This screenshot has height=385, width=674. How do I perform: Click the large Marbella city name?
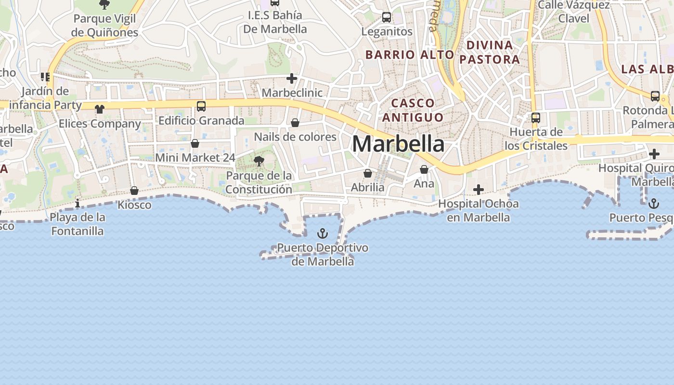[x=398, y=144]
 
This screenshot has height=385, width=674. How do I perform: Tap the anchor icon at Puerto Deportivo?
[x=323, y=234]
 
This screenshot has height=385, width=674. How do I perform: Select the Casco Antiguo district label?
[x=413, y=110]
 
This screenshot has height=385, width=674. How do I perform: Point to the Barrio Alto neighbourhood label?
[x=410, y=55]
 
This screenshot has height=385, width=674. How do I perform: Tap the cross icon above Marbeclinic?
[x=292, y=78]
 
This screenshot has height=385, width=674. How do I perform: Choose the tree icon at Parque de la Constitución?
[x=259, y=161]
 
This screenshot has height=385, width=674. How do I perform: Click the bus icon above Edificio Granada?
[x=201, y=106]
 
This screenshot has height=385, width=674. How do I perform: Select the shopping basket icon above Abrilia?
[x=368, y=173]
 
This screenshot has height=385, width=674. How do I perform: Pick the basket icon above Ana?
[x=424, y=169]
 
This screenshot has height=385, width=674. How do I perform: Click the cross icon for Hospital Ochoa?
[x=478, y=190]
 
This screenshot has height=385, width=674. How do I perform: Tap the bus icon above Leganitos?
[x=387, y=17]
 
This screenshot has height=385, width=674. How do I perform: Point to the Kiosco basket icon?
[x=134, y=191]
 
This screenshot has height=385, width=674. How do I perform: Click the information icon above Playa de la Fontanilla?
[x=78, y=204]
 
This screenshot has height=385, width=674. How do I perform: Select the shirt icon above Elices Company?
[x=100, y=109]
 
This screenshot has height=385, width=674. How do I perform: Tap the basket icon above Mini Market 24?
[x=195, y=143]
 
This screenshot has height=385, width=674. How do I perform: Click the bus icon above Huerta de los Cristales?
[x=536, y=117]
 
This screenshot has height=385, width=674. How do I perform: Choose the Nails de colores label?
[x=295, y=137]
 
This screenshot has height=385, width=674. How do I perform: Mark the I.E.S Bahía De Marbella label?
[x=275, y=22]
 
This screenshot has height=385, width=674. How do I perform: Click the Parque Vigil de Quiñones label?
[x=104, y=26]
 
